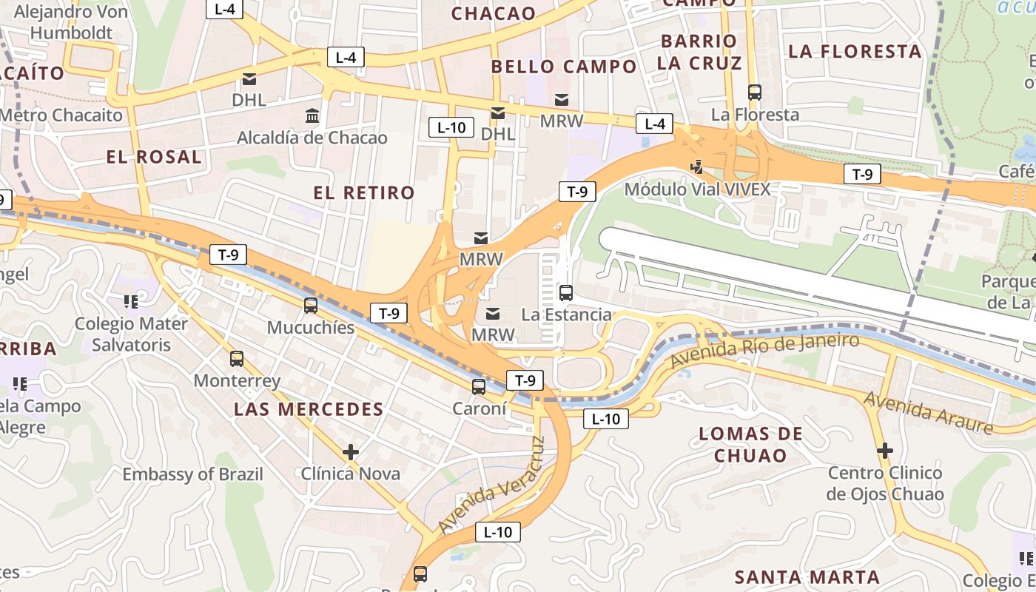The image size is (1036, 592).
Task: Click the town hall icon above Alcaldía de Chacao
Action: pyautogui.click(x=312, y=116)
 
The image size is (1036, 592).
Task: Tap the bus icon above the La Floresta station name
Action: pyautogui.click(x=755, y=92)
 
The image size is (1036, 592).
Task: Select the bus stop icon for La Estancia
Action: pyautogui.click(x=566, y=292)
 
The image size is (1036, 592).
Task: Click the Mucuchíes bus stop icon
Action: pyautogui.click(x=311, y=305)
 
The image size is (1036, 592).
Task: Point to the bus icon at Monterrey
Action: pyautogui.click(x=237, y=359)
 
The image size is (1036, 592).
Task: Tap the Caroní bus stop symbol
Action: pyautogui.click(x=479, y=386)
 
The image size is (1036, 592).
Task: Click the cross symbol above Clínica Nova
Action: pyautogui.click(x=351, y=451)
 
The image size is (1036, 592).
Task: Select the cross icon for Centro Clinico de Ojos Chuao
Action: pyautogui.click(x=884, y=450)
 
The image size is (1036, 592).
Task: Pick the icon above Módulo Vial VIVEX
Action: pyautogui.click(x=696, y=167)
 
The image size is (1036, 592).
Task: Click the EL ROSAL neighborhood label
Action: pyautogui.click(x=154, y=157)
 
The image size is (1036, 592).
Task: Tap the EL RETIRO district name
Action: pyautogui.click(x=363, y=193)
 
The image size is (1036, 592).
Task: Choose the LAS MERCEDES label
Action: pyautogui.click(x=309, y=409)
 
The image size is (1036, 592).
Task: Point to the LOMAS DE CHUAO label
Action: pyautogui.click(x=750, y=444)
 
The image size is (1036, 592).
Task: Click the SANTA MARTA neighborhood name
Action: pyautogui.click(x=807, y=577)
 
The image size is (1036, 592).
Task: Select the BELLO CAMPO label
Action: pyautogui.click(x=564, y=67)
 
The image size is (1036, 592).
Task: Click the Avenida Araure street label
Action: pyautogui.click(x=928, y=412)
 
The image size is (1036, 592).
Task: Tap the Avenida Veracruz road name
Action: pyautogui.click(x=492, y=485)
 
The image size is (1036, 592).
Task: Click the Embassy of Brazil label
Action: pyautogui.click(x=192, y=474)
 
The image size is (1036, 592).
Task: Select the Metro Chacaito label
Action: pyautogui.click(x=61, y=115)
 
